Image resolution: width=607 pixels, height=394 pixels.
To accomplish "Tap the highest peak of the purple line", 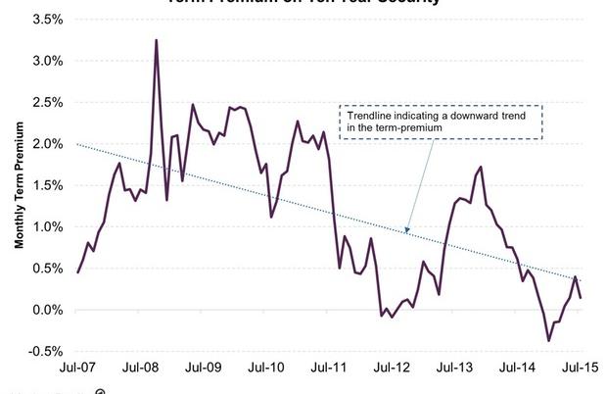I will click(x=157, y=40).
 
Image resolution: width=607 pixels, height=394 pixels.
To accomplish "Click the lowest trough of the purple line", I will click(x=548, y=341).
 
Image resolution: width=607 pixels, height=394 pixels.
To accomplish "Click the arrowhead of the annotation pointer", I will click(x=406, y=234).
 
